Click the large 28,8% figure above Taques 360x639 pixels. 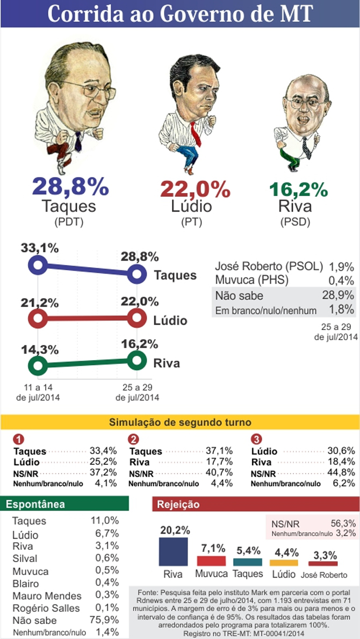70,186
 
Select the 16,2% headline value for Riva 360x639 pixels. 298,189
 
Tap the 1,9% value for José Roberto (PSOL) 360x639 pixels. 342,267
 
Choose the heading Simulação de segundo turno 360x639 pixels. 180,422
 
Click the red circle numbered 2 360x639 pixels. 134,439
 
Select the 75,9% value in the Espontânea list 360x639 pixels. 105,619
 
